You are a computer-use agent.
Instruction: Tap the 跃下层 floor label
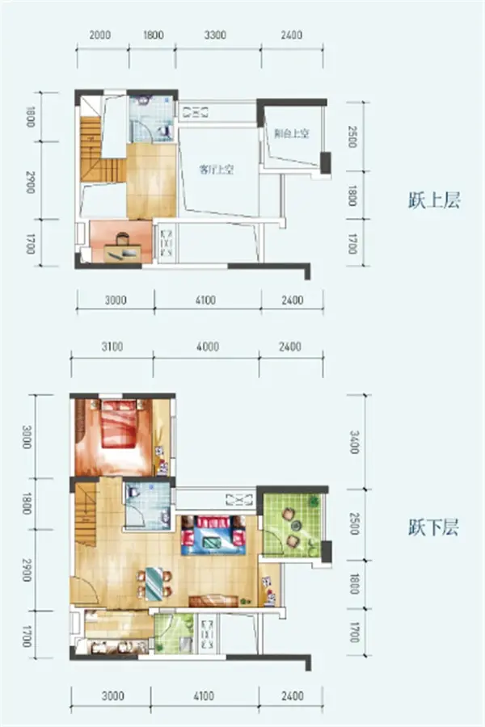pos(433,530)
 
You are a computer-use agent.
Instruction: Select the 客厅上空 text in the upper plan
pos(217,170)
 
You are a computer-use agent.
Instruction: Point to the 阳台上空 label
pos(292,135)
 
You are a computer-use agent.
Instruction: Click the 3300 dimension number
pos(214,35)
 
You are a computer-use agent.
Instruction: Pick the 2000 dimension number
pos(100,35)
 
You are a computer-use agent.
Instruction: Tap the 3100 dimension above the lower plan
pos(112,347)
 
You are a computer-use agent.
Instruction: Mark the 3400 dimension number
pos(352,443)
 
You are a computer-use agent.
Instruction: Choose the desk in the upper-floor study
pos(121,245)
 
